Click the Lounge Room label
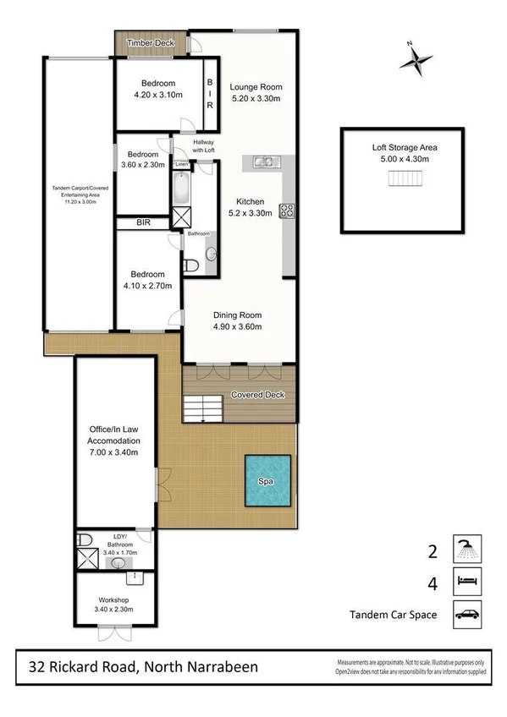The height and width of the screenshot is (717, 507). (x=256, y=87)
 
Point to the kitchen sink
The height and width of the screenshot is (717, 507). (x=262, y=161)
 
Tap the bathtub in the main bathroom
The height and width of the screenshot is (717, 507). (x=182, y=188)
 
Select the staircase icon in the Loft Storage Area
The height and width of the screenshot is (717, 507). (x=405, y=179)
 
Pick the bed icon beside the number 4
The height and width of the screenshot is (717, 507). (x=466, y=580)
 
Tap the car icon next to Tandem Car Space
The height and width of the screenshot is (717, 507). (x=466, y=614)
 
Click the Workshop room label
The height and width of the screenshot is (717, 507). (x=113, y=600)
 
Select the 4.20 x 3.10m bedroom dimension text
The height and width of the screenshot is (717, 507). (x=158, y=96)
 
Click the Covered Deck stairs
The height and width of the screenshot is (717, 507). (x=203, y=410)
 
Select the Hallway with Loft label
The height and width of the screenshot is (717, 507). (x=203, y=146)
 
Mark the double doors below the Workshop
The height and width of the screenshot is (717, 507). (x=113, y=632)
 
